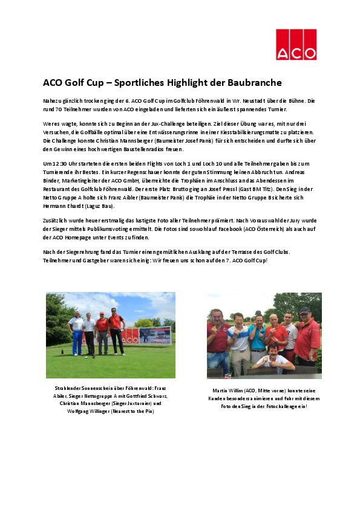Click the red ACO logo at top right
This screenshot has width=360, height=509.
tap(296, 45)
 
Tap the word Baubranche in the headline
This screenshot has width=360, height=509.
tap(248, 82)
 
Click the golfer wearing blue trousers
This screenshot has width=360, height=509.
tap(76, 333)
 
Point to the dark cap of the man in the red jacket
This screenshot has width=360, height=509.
tap(304, 311)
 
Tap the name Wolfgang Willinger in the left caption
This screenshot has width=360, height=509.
tap(80, 411)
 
